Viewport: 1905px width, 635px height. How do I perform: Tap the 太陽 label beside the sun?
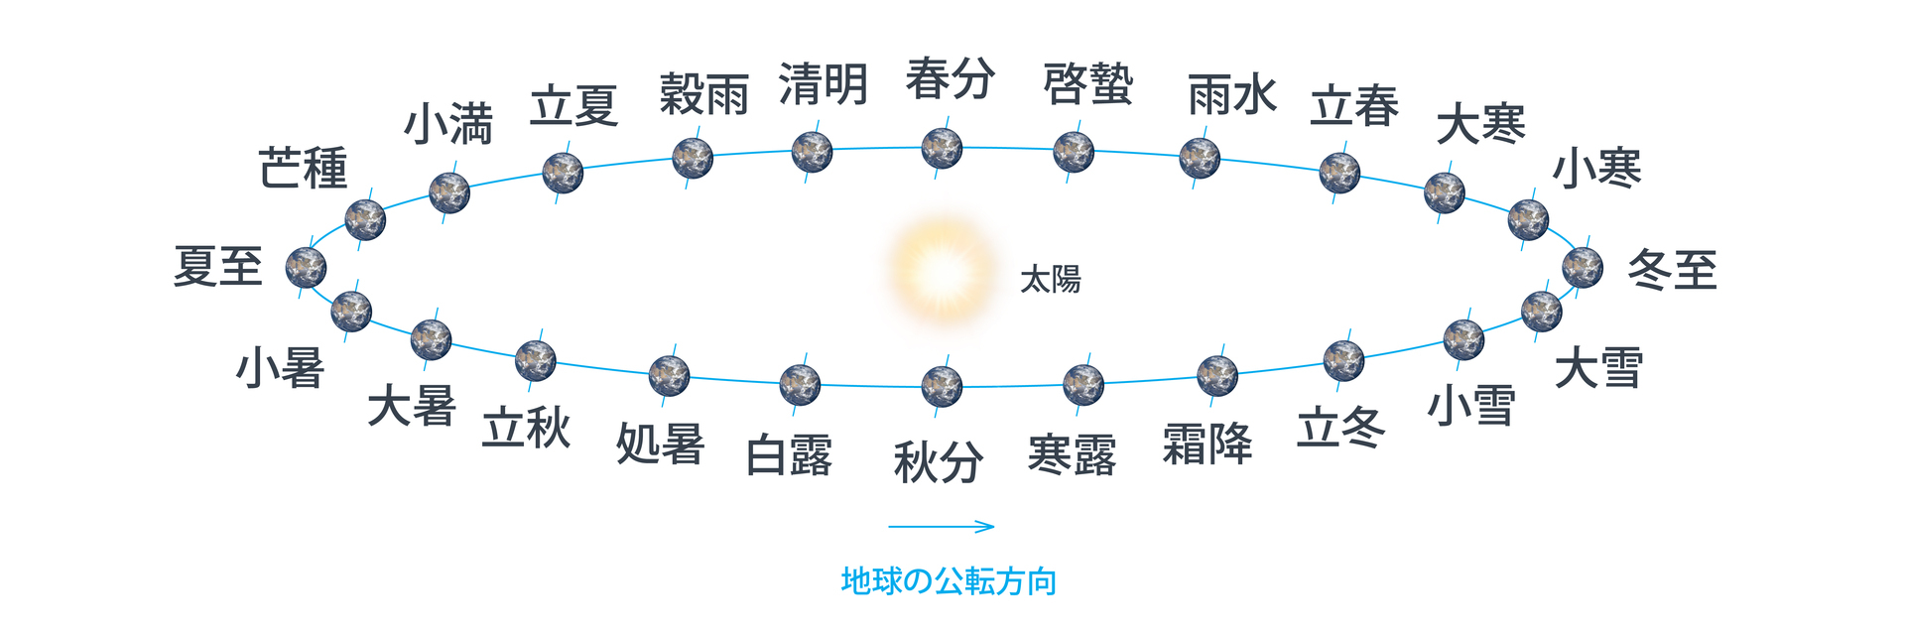click(x=1051, y=280)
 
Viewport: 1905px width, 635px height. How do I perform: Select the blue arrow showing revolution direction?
click(x=941, y=527)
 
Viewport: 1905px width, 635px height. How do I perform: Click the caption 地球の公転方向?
click(x=949, y=581)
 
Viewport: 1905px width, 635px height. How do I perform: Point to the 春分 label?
click(x=951, y=78)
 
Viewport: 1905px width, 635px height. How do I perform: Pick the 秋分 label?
click(x=939, y=462)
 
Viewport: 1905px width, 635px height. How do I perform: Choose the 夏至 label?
click(x=218, y=266)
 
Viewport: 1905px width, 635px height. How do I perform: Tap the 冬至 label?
click(x=1673, y=270)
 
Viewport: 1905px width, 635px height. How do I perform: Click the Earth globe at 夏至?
click(x=306, y=268)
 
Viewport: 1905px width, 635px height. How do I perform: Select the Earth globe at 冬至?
click(x=1583, y=267)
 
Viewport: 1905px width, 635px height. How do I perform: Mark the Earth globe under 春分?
click(x=942, y=149)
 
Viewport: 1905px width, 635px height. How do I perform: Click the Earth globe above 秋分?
click(x=942, y=387)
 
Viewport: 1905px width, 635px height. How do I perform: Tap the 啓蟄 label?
click(x=1088, y=84)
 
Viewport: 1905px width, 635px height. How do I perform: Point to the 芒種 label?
click(x=304, y=168)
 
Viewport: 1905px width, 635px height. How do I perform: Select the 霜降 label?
click(x=1207, y=444)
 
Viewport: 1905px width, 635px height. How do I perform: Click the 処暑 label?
click(x=661, y=444)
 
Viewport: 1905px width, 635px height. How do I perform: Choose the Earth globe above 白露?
click(x=800, y=385)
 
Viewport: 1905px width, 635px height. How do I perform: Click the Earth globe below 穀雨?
click(x=693, y=159)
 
